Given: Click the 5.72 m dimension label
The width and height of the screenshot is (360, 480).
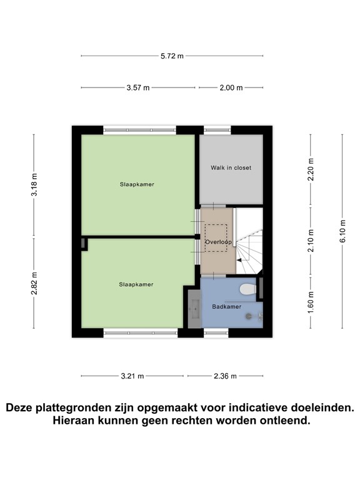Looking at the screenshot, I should (x=172, y=56).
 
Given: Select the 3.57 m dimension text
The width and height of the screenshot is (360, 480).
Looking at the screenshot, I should (x=137, y=88).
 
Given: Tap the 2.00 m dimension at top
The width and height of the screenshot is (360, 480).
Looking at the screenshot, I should (x=231, y=88).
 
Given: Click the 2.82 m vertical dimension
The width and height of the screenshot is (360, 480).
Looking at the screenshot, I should (x=34, y=283).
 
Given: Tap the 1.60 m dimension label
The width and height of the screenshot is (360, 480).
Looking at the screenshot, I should (x=311, y=302).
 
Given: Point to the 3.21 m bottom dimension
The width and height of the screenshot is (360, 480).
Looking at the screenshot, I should (x=132, y=376).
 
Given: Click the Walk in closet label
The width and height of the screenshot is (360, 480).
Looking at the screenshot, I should (x=231, y=167).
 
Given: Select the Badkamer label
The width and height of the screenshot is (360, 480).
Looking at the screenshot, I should (x=226, y=307).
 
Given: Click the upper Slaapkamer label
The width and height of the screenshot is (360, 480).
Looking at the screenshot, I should (x=137, y=184).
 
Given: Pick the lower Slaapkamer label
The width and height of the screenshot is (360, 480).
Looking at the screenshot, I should (x=136, y=284).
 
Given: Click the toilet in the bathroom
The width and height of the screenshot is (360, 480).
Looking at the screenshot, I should (x=248, y=289).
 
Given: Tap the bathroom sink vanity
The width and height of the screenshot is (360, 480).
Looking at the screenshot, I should (x=193, y=307).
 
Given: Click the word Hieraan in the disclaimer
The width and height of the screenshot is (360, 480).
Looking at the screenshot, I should (x=76, y=421).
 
